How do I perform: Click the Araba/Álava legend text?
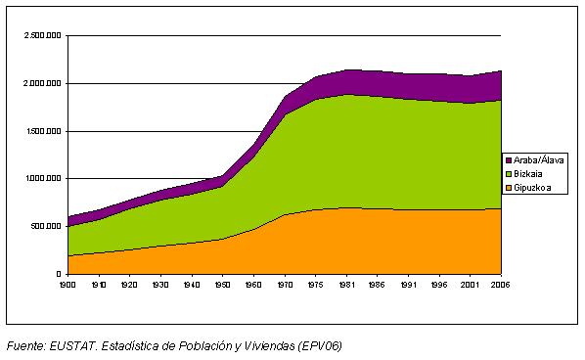click(x=539, y=159)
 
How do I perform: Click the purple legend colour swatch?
click(x=509, y=159)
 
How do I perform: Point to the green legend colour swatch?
click(x=509, y=173)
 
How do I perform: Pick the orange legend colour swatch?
click(x=509, y=187)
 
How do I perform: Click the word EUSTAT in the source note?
click(x=71, y=345)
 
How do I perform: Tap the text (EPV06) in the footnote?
click(x=321, y=345)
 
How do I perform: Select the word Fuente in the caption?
click(x=25, y=345)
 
